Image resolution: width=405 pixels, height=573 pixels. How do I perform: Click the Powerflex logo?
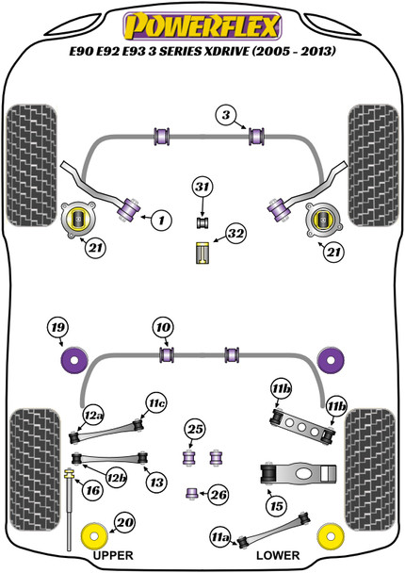coord(202,19)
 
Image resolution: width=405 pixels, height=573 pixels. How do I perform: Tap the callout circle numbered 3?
coord(226,115)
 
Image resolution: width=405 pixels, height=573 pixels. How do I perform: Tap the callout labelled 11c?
coord(155,403)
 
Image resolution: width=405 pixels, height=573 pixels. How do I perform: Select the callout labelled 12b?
coord(115,479)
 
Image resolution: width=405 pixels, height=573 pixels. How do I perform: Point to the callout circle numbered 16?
coord(92,490)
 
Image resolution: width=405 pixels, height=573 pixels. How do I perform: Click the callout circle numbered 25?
coord(195,432)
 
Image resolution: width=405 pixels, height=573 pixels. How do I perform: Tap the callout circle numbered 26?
coord(219,493)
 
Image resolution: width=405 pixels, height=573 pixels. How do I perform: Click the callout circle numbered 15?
coord(275,506)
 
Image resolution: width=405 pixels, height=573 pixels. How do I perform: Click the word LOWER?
coord(284,555)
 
